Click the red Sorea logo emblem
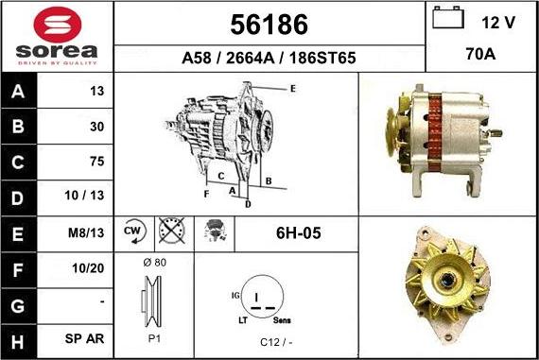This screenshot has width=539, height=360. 58,25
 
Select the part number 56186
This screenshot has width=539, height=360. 269,25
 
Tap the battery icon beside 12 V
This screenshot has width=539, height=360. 448,17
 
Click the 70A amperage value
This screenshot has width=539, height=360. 480,54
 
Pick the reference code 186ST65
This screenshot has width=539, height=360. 322,58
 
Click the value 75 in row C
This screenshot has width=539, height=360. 97,162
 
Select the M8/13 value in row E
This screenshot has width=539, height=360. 86,232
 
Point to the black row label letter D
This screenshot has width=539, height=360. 18,198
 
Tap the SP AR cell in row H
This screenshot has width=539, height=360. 84,338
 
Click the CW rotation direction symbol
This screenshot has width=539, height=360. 134,231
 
